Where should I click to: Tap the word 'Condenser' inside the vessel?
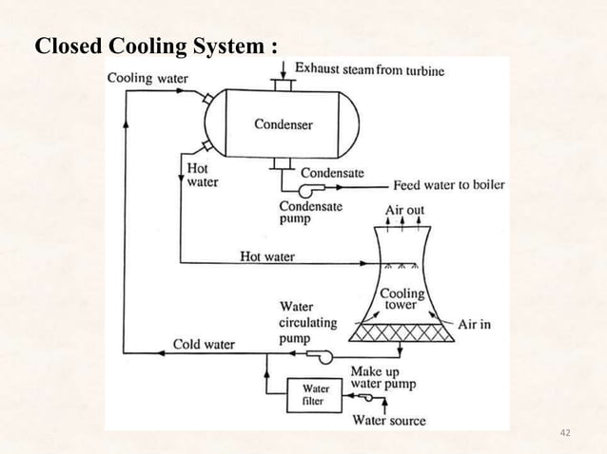283,124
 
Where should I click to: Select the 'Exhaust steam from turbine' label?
369,69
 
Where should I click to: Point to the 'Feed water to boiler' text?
449,184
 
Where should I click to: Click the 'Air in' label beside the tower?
474,324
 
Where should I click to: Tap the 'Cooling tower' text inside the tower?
402,300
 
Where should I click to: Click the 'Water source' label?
389,420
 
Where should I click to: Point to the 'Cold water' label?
203,344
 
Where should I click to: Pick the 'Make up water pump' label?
382,377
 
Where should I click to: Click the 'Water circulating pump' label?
307,322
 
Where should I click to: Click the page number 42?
565,434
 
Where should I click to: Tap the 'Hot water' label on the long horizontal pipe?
267,256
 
